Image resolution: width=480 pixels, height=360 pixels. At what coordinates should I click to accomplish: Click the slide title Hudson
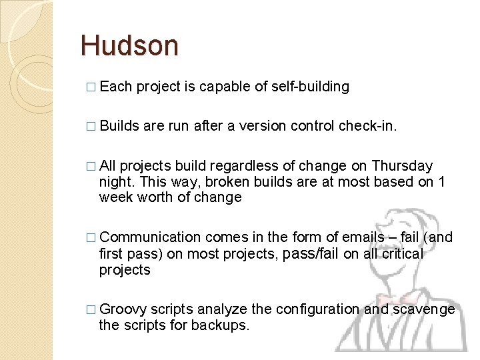click(x=129, y=46)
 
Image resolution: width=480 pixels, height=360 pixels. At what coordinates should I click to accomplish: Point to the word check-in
click(x=371, y=126)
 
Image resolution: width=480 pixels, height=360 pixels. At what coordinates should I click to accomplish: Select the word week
click(x=113, y=197)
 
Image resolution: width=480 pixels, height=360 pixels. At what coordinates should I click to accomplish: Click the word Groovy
click(x=123, y=309)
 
